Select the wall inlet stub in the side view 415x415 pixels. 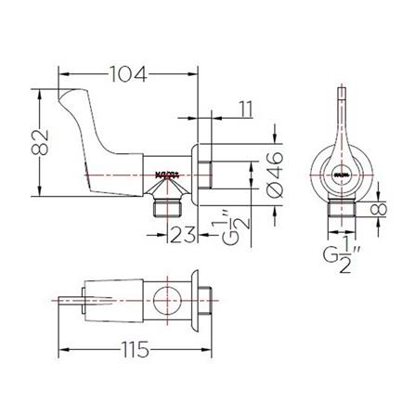219,175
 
